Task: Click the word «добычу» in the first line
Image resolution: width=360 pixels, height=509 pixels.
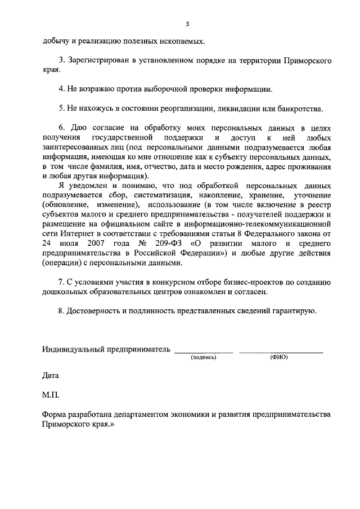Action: pos(56,41)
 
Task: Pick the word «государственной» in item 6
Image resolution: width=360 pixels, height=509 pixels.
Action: pos(121,137)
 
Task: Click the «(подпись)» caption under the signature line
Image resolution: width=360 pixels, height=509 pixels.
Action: pos(203,357)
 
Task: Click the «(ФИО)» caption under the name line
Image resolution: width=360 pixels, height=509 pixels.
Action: pos(279,357)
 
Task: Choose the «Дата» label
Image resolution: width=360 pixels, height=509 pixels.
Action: pos(51,375)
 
